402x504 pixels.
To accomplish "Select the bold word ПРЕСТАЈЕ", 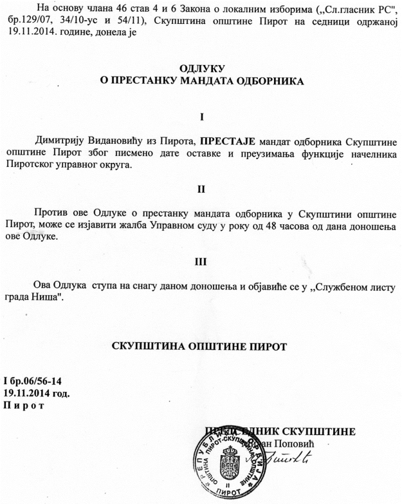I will click(x=228, y=141).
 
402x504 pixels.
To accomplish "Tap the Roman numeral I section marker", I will click(x=202, y=117).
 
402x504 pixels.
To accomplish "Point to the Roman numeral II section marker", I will click(x=202, y=189).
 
